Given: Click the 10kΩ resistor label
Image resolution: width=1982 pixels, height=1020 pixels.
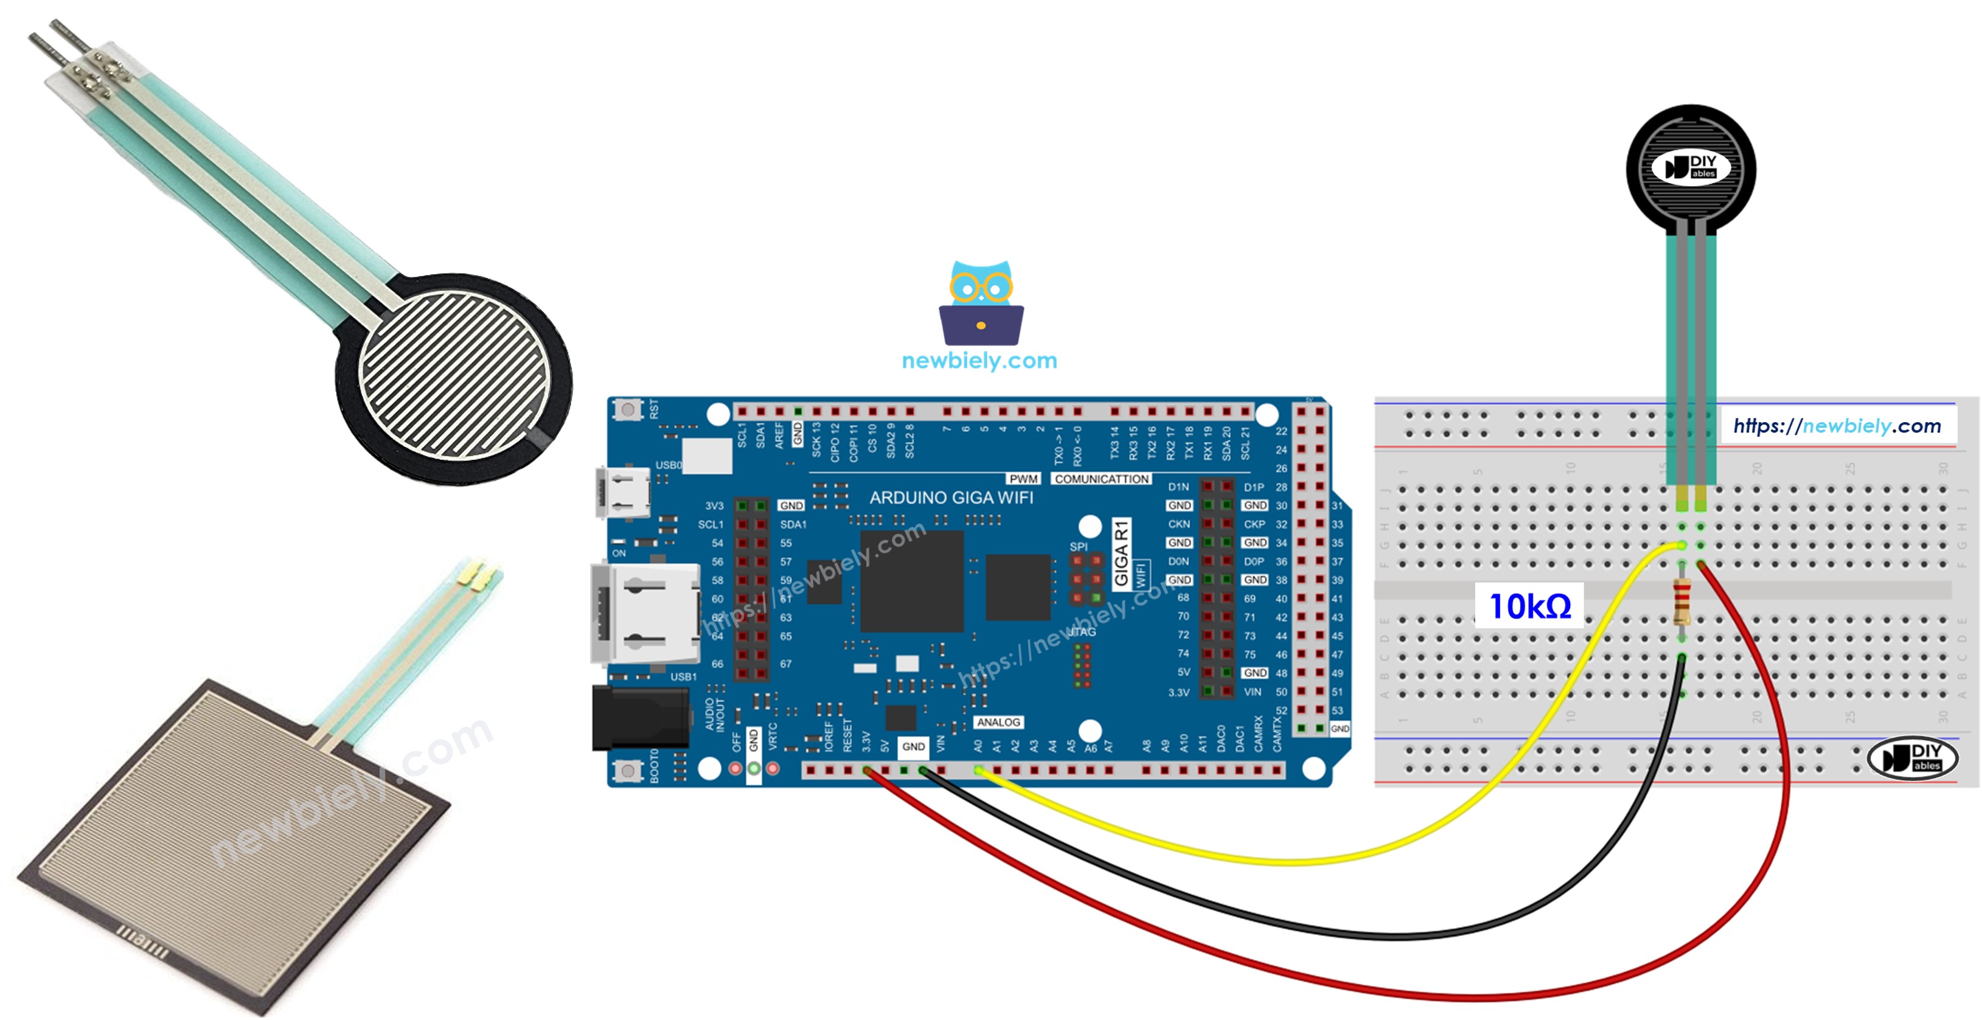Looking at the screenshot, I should [x=1529, y=607].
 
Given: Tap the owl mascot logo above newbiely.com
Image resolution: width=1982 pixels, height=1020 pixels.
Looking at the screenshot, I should [x=981, y=304].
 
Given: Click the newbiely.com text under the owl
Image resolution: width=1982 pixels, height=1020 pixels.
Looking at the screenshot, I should [x=979, y=361].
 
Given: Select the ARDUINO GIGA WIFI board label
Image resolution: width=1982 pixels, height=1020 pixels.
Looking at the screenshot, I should [x=951, y=498].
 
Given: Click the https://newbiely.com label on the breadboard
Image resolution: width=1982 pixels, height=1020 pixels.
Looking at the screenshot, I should [x=1837, y=426].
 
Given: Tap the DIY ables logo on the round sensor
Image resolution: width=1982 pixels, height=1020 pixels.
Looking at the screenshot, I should [x=1691, y=167].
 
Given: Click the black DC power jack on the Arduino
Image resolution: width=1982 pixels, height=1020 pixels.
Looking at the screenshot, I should [x=639, y=718].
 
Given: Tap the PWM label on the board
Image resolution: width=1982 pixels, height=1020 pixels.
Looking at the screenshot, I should [x=1023, y=479].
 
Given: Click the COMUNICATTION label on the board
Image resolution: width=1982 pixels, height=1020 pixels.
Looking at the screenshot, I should [x=1101, y=479].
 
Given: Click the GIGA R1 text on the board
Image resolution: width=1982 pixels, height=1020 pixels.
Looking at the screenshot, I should [x=1121, y=553].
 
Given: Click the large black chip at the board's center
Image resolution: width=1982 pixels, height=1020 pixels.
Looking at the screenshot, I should [x=912, y=581].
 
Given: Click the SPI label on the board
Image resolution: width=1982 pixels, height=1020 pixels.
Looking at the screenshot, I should [x=1079, y=547].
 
